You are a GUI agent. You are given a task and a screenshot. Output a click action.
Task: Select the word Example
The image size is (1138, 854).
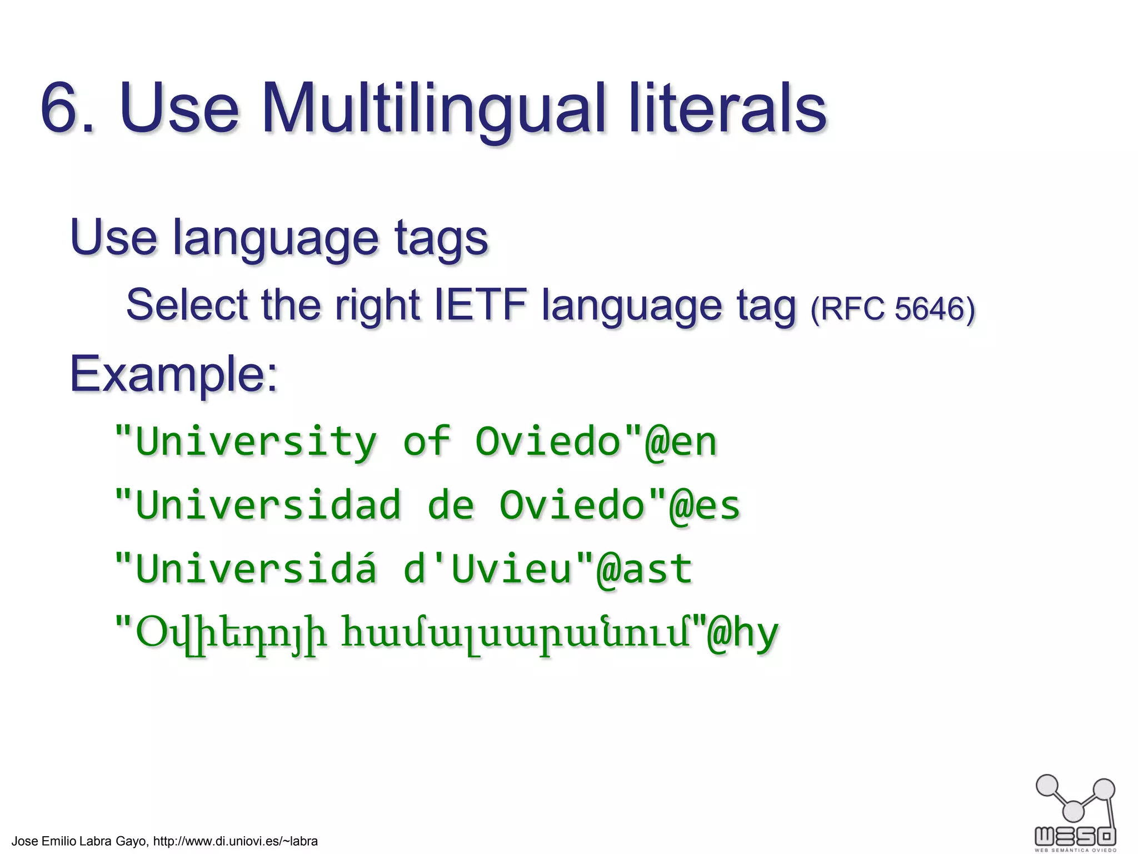tap(173, 374)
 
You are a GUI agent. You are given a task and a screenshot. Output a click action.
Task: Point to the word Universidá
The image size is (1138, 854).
tap(256, 569)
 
